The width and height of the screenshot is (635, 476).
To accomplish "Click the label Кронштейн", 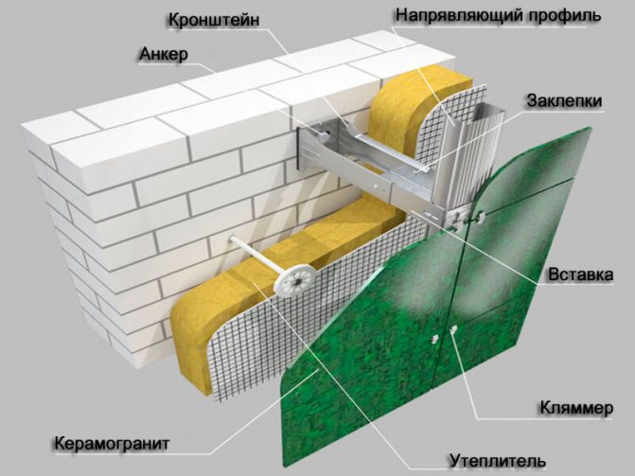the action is tap(214, 20).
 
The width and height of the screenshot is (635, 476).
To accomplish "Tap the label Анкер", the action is tap(164, 54).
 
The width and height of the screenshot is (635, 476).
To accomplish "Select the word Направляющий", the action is tap(458, 15).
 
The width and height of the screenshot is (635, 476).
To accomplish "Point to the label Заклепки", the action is tap(564, 101).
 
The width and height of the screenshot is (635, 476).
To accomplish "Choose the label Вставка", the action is tap(581, 274).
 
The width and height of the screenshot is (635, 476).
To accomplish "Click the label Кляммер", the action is tap(576, 408).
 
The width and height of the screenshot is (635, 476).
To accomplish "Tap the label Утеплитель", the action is tap(498, 461).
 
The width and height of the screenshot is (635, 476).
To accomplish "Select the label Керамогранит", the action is tap(112, 444).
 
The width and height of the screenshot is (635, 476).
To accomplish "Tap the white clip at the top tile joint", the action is tap(481, 218).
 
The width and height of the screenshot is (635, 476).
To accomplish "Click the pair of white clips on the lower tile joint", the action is tap(444, 333).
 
